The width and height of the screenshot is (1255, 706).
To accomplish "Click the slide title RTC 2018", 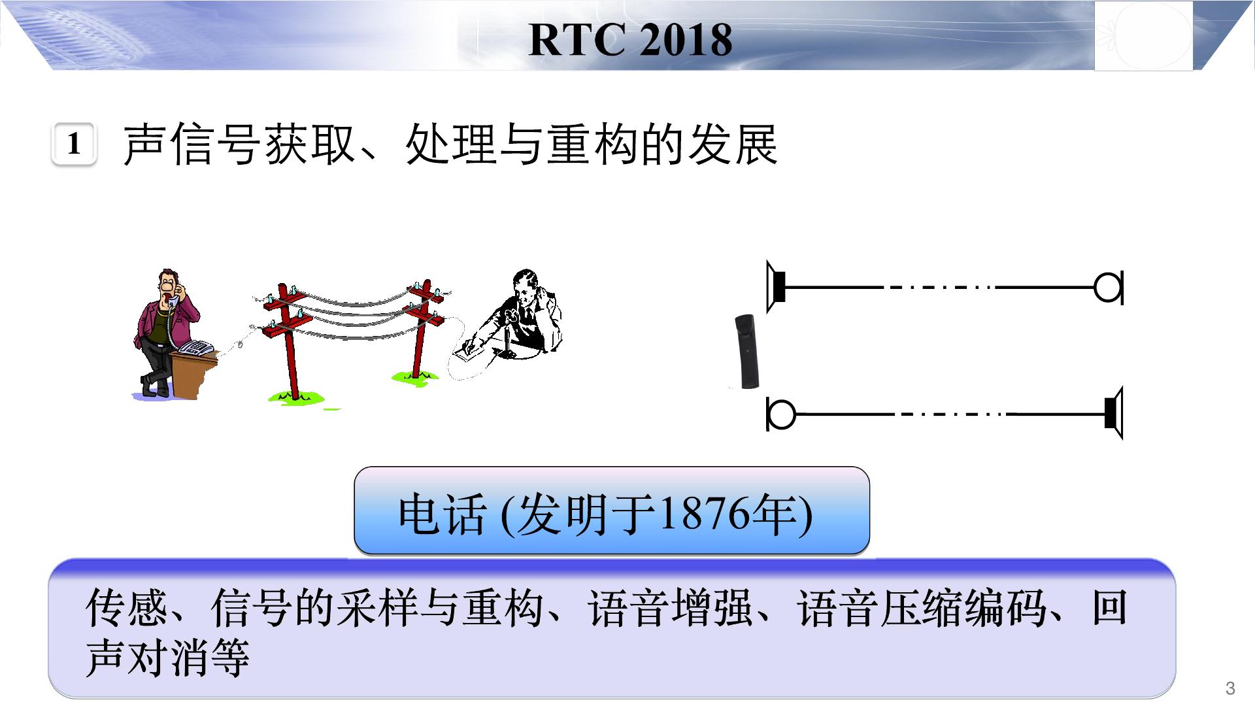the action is click(x=630, y=40).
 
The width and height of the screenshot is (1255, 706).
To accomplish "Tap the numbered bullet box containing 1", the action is click(x=74, y=144).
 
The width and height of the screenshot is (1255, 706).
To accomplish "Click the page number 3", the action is click(x=1231, y=688).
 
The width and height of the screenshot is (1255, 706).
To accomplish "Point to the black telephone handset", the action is click(x=746, y=351).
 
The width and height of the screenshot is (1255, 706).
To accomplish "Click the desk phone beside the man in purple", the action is click(x=197, y=348).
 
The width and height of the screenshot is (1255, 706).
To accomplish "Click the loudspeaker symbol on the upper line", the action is click(x=776, y=287).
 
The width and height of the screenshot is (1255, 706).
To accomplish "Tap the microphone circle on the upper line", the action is click(x=1109, y=287).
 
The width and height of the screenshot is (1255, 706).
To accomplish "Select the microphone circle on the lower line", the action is click(x=781, y=414).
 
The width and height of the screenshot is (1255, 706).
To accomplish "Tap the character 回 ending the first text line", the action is click(x=1109, y=607).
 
